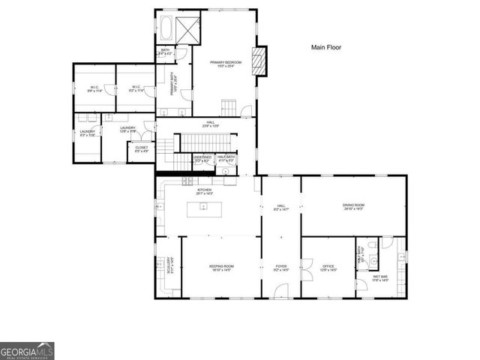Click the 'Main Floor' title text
click(326, 47)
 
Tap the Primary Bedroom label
click(227, 64)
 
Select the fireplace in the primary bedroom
click(260, 61)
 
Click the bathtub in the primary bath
click(166, 28)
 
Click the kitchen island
click(204, 209)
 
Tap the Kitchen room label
click(205, 191)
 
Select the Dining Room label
click(353, 206)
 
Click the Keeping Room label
click(221, 268)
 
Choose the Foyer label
click(280, 268)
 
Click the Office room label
click(328, 268)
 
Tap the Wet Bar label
click(380, 278)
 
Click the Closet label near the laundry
click(141, 149)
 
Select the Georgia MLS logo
click(27, 350)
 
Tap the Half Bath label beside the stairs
click(225, 158)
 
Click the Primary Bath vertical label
click(172, 88)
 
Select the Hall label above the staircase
click(210, 124)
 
